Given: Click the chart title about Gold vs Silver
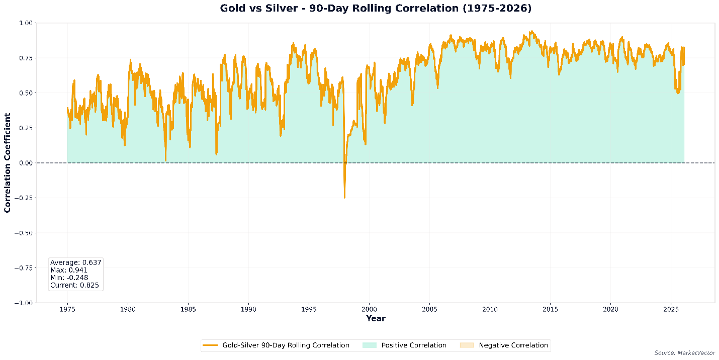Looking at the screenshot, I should click(376, 9).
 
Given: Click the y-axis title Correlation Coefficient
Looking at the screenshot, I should click(8, 163).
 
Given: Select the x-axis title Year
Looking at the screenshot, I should click(376, 318).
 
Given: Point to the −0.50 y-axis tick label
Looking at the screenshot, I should click(24, 233).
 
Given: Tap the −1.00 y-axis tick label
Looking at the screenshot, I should click(24, 303).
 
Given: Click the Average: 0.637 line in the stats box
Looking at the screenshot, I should click(75, 262).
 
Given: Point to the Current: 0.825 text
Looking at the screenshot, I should click(74, 285).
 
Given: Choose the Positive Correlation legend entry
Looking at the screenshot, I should click(414, 345).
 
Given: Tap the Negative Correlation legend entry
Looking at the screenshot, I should click(513, 345).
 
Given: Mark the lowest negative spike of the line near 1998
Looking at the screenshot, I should click(344, 197).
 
